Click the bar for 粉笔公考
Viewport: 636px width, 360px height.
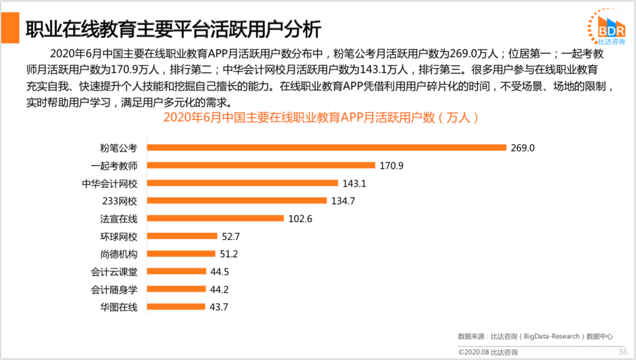(x=326, y=147)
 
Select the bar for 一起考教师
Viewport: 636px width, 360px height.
(x=261, y=165)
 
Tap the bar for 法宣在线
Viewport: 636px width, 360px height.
(x=216, y=218)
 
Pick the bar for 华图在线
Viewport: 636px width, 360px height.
(x=175, y=306)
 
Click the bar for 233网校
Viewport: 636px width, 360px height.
(x=236, y=200)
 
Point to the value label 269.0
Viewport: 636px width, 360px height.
(x=523, y=148)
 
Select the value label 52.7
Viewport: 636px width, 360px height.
(x=231, y=236)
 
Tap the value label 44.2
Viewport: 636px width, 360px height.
(x=220, y=289)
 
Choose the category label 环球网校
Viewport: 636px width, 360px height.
(x=118, y=236)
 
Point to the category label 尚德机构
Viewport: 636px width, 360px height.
(x=118, y=254)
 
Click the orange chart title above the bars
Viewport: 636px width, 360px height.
(x=321, y=117)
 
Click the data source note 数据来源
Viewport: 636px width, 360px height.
(x=535, y=336)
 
